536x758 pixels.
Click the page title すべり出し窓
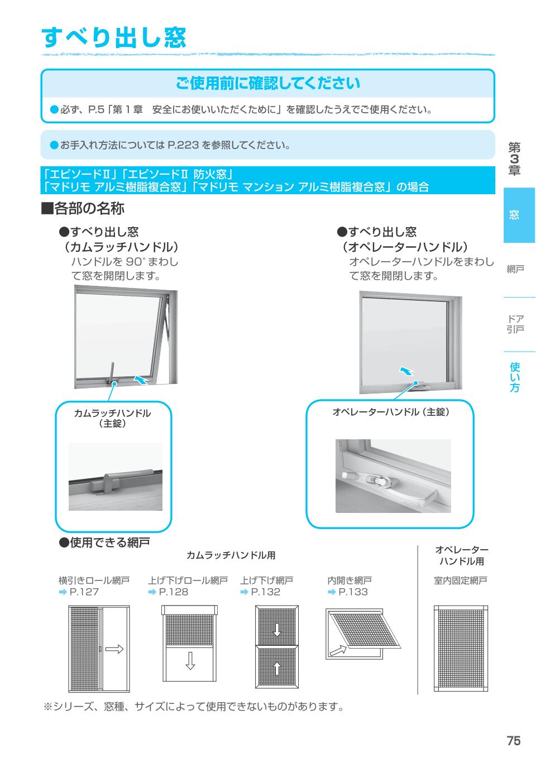click(114, 37)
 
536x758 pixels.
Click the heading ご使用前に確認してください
click(267, 84)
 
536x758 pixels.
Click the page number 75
click(513, 741)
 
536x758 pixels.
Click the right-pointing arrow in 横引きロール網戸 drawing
click(113, 649)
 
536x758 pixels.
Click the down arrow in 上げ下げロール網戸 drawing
click(190, 660)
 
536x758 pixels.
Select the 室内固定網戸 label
click(461, 581)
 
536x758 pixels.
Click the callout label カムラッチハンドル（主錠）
click(112, 418)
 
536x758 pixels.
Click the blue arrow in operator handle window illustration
click(408, 371)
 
